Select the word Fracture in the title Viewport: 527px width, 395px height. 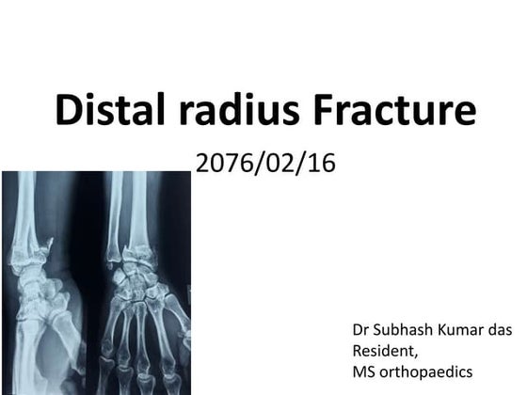point(396,111)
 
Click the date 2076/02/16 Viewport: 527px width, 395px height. point(264,163)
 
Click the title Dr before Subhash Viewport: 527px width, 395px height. point(360,331)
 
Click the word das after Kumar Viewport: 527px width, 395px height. point(502,331)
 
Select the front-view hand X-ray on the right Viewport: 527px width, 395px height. point(146,282)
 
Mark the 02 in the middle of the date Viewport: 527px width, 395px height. point(279,163)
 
